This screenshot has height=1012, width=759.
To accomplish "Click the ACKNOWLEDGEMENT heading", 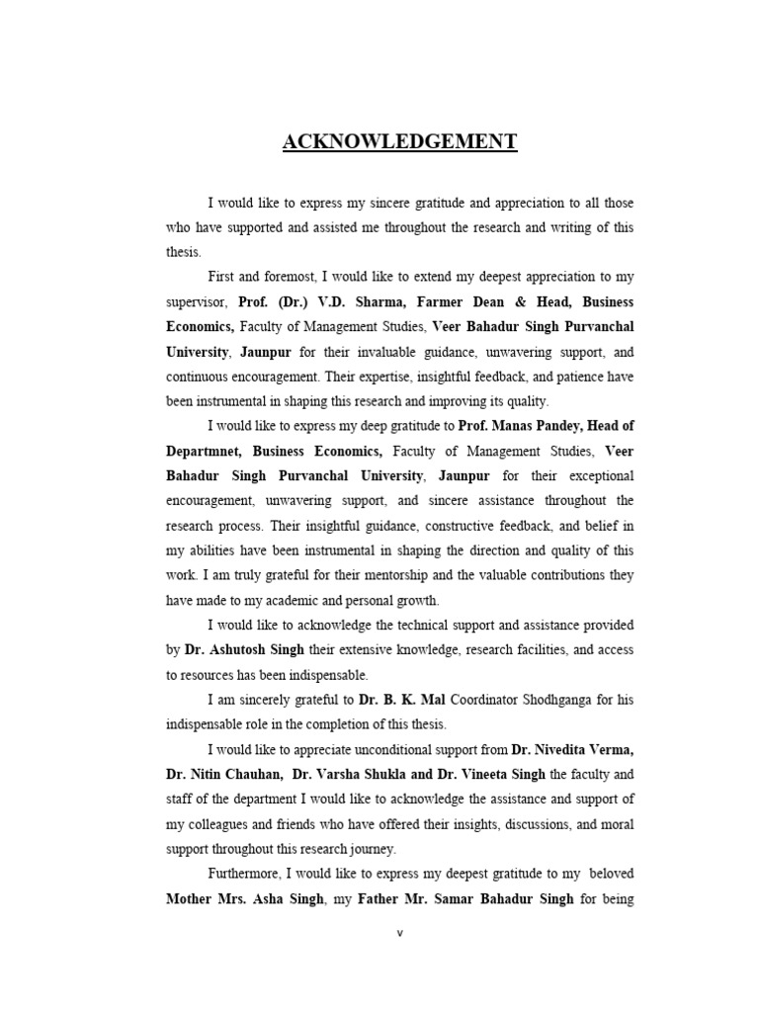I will tap(399, 142).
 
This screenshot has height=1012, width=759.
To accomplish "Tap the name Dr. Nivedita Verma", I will tap(573, 749).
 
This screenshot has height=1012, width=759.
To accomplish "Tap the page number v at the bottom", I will tap(400, 933).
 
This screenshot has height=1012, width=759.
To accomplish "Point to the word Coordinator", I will tap(488, 700).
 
